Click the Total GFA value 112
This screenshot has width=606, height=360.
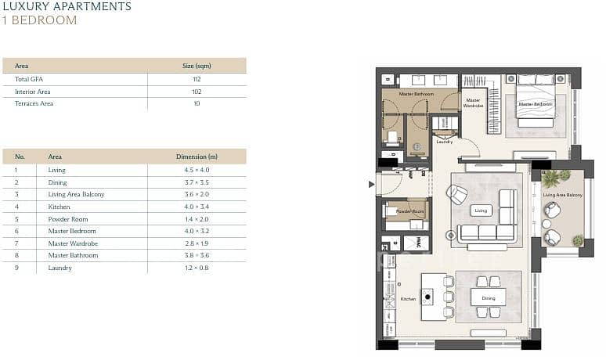click(197, 79)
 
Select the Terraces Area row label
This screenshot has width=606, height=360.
click(34, 103)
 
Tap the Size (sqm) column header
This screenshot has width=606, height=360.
click(197, 66)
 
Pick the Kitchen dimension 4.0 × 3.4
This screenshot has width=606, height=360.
click(197, 207)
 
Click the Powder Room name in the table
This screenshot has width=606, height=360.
click(68, 219)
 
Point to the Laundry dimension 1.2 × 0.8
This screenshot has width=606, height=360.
click(197, 268)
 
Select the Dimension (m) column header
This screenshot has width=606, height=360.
click(197, 157)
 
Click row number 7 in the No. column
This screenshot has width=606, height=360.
click(16, 243)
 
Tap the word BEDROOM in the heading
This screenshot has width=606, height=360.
click(44, 20)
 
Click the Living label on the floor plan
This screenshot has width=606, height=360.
click(481, 211)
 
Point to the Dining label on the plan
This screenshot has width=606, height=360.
click(489, 298)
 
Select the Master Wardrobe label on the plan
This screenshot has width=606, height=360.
click(473, 103)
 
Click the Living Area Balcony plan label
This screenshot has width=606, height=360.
click(563, 195)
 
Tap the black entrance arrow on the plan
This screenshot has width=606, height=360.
click(371, 185)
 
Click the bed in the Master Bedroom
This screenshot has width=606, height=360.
click(536, 101)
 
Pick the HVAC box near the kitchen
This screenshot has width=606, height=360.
click(417, 243)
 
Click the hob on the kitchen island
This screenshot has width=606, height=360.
click(427, 297)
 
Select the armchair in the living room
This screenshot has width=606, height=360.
click(456, 193)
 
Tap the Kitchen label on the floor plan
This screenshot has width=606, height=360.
click(408, 299)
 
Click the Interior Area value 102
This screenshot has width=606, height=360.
click(197, 92)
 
